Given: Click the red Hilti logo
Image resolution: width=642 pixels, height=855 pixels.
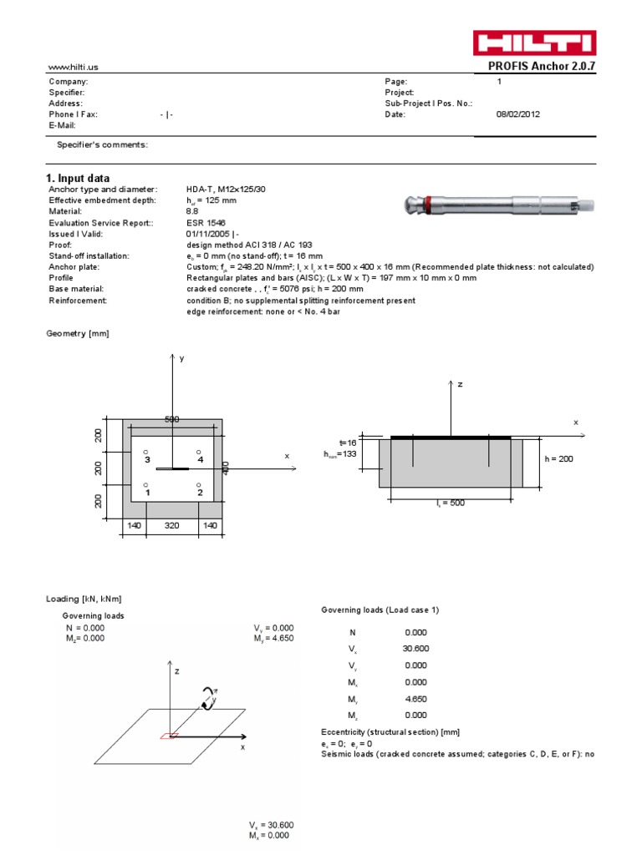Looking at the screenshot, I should pyautogui.click(x=535, y=43).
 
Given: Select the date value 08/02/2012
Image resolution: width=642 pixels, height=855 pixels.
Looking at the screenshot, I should pyautogui.click(x=518, y=114).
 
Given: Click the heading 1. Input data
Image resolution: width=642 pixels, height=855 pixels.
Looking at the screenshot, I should pyautogui.click(x=77, y=178).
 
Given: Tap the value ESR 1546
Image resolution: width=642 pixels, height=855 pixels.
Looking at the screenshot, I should pyautogui.click(x=205, y=223).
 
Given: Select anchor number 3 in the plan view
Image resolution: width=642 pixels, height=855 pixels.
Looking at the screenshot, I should pyautogui.click(x=146, y=458).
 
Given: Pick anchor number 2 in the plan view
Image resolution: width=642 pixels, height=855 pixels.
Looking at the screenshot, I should pyautogui.click(x=199, y=492).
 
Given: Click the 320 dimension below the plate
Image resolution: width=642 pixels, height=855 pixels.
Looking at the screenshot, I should pyautogui.click(x=171, y=526).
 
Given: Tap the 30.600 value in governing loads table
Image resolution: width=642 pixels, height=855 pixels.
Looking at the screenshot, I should pyautogui.click(x=415, y=649).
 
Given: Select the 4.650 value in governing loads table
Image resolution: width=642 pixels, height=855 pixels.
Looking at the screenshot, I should pyautogui.click(x=415, y=699).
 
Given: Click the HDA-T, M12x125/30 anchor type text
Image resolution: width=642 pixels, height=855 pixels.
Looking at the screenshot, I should pyautogui.click(x=223, y=190).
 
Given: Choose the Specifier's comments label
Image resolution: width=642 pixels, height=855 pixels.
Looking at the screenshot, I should pyautogui.click(x=102, y=145).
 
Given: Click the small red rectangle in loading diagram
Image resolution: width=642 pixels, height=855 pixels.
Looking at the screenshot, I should pyautogui.click(x=170, y=736).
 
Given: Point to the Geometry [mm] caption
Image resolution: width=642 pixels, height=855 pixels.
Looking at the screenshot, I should pyautogui.click(x=77, y=333).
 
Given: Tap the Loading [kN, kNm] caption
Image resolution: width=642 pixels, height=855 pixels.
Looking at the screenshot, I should pyautogui.click(x=85, y=599).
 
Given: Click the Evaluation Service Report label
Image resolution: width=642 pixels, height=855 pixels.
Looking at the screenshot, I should pyautogui.click(x=100, y=223).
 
